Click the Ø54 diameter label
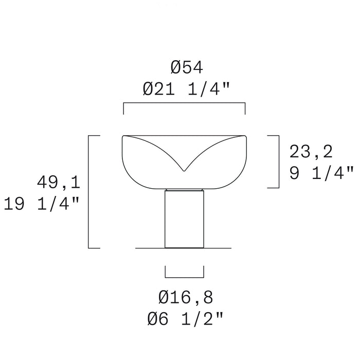pyautogui.click(x=187, y=67)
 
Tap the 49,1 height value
pyautogui.click(x=58, y=182)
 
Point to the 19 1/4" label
pyautogui.click(x=42, y=203)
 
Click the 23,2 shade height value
pyautogui.click(x=311, y=152)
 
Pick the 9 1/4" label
pyautogui.click(x=321, y=173)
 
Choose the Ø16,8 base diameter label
pyautogui.click(x=186, y=297)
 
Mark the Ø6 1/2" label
pyautogui.click(x=185, y=318)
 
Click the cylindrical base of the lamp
pyautogui.click(x=184, y=219)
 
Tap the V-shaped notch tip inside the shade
pyautogui.click(x=184, y=171)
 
